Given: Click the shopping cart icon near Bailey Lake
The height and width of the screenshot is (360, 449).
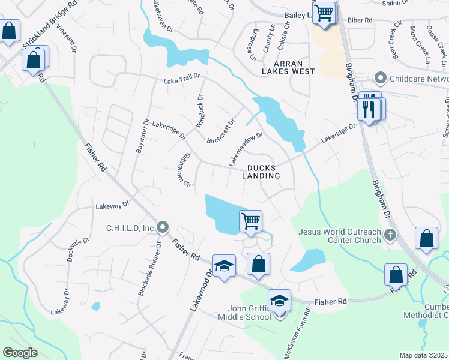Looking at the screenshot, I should point(324,12).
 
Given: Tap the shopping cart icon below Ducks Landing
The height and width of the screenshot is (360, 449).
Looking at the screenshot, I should point(251,220).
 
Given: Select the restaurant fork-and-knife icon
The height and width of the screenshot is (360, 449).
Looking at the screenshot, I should point(369,109).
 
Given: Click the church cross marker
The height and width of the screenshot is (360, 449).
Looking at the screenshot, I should point(391,235).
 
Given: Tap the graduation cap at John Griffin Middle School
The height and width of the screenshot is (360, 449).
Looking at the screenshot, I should point(279,300).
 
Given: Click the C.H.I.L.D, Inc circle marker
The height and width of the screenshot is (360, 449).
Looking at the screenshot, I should point(163,227).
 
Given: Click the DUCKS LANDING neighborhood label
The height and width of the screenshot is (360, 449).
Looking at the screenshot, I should point(261,172).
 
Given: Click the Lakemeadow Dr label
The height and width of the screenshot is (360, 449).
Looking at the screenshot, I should point(246,149).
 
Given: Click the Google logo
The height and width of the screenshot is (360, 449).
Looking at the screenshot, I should point(20,352).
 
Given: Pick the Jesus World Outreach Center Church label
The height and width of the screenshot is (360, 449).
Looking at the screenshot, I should point(340,236).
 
